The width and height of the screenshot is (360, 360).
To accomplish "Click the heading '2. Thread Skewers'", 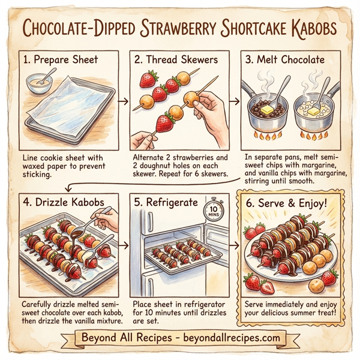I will pyautogui.click(x=176, y=60).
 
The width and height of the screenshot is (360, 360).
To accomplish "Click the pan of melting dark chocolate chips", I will pyautogui.click(x=263, y=109).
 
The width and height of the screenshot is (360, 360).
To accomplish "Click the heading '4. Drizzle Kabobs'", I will pyautogui.click(x=64, y=202).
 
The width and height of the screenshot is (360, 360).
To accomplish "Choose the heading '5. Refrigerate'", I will pyautogui.click(x=167, y=202).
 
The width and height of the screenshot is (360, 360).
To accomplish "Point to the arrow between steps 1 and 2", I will pyautogui.click(x=123, y=101).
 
